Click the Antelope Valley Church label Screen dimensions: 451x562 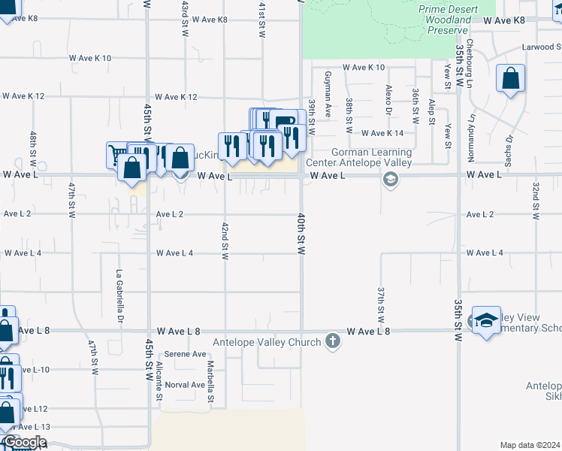click(x=267, y=343)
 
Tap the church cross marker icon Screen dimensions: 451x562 click(x=333, y=342)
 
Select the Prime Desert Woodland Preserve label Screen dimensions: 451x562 click(x=449, y=19)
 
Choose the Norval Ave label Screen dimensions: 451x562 click(x=186, y=385)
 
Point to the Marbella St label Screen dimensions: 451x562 click(x=211, y=381)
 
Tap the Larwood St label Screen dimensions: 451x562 click(x=542, y=47)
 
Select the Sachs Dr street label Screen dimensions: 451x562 click(x=509, y=150)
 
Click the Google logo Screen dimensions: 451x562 click(x=24, y=443)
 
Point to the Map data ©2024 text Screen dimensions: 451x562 click(x=530, y=445)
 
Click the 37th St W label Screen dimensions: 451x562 click(x=382, y=301)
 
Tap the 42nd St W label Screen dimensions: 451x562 click(x=225, y=241)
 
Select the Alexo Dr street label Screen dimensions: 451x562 click(x=388, y=99)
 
